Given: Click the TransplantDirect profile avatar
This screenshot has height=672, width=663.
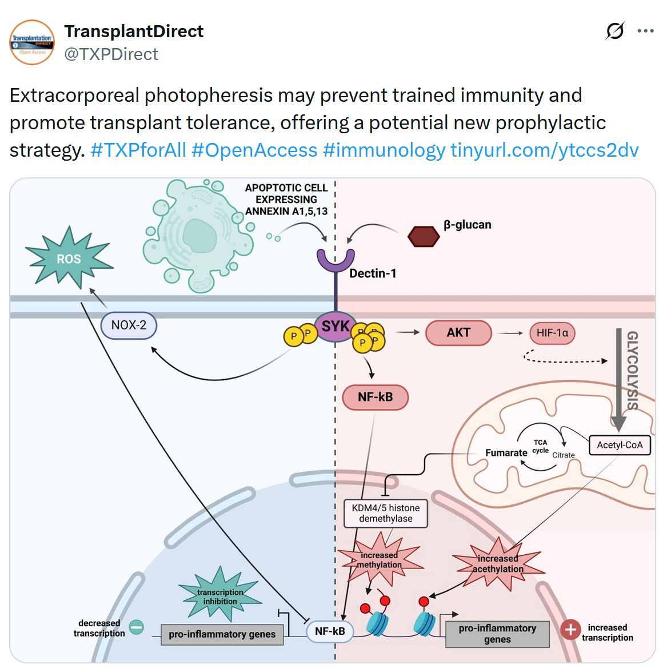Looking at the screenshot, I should tap(32, 42).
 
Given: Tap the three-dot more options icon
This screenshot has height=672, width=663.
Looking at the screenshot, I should tap(645, 31).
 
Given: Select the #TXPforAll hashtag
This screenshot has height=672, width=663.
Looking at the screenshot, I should tap(138, 150).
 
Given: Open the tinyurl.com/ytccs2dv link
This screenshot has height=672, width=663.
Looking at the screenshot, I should tap(544, 150).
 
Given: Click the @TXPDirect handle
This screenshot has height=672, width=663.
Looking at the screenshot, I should tap(111, 54).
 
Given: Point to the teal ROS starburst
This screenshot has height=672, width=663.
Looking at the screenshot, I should tap(69, 259).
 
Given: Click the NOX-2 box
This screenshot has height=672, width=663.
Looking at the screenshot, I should tap(129, 325).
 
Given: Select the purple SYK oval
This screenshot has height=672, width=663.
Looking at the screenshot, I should tap(336, 327).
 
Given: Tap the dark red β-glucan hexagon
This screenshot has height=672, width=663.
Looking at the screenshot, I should tap(423, 236).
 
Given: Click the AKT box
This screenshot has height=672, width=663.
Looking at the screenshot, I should tap(458, 333).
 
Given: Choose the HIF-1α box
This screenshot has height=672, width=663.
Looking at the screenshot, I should tap(552, 333).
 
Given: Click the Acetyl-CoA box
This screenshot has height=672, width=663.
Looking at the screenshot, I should tap(620, 445).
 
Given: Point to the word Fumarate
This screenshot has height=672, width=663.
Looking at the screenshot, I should tap(506, 453).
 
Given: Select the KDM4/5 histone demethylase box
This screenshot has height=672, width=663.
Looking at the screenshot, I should tap(386, 513).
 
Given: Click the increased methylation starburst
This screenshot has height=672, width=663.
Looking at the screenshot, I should tap(380, 560).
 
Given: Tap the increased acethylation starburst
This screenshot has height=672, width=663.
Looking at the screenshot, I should tap(498, 563).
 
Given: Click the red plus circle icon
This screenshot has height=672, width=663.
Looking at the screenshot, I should tap(570, 630).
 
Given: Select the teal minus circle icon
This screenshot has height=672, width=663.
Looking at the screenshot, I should tap(137, 627).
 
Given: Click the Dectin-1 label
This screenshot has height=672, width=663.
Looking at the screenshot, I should tap(373, 273).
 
